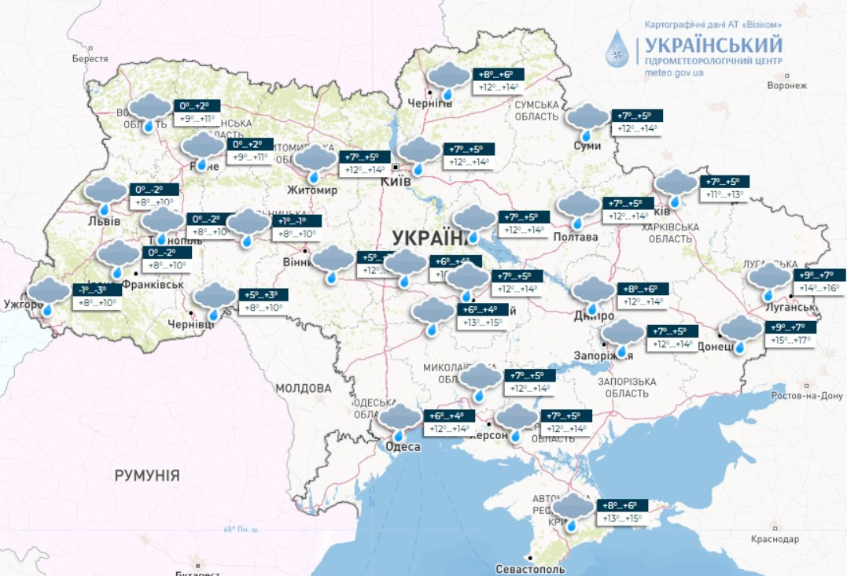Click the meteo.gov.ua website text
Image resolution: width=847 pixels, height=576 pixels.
tap(673, 73)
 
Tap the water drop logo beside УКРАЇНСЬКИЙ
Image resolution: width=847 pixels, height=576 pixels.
tap(617, 49)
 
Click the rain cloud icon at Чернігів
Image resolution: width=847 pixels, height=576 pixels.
tap(448, 79)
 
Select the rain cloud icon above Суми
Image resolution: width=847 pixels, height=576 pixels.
tap(587, 120)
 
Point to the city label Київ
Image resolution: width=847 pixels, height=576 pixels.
tap(396, 181)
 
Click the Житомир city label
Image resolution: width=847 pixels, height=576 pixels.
tap(312, 190)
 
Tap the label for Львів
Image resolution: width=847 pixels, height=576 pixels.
tap(105, 220)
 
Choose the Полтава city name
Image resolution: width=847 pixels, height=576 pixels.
tap(576, 237)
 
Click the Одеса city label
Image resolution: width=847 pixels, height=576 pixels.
tap(403, 447)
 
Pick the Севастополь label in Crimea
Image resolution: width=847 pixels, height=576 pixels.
tap(530, 568)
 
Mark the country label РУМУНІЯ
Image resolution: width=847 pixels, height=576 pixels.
tap(147, 475)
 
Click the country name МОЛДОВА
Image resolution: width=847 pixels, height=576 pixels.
tap(304, 388)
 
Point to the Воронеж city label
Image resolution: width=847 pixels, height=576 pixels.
tap(786, 85)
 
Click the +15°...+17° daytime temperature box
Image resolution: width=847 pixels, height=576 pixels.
tap(793, 342)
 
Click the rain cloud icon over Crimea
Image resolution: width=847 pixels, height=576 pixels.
tap(573, 511)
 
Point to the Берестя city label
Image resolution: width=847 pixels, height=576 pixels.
tap(90, 58)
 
